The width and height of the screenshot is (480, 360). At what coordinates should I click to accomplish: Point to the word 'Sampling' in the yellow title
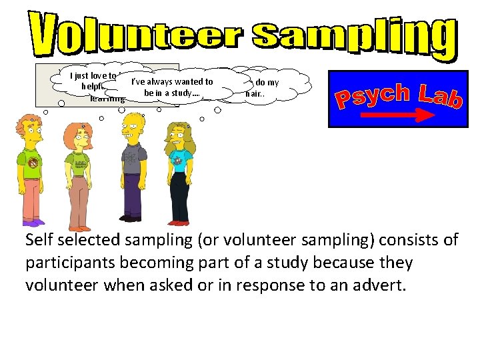point(347,36)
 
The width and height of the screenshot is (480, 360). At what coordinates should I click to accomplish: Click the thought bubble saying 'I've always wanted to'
point(171,87)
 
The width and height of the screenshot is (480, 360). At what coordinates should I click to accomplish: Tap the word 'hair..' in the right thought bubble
point(254,94)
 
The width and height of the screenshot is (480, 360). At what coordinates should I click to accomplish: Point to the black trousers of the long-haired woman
point(180,197)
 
